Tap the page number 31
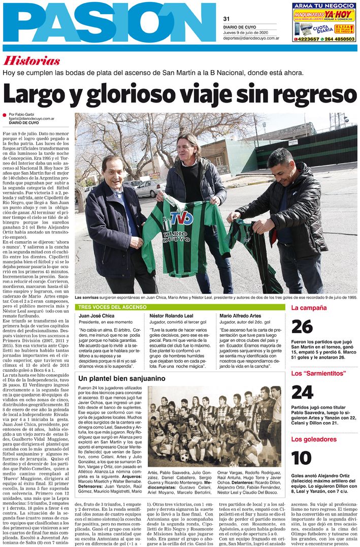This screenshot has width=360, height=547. (226, 19)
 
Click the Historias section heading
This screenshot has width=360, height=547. (31, 61)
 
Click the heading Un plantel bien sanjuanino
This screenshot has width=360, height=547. (122, 378)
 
